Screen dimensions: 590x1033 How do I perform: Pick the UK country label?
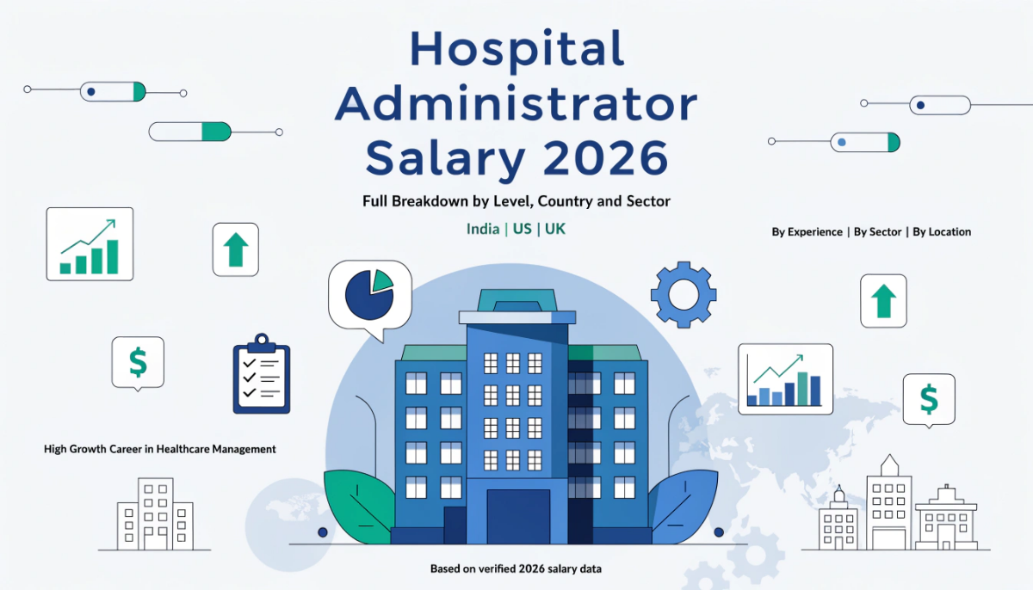(555, 230)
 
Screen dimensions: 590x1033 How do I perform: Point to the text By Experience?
(807, 232)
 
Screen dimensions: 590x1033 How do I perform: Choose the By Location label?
(942, 232)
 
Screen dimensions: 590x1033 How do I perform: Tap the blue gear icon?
(684, 295)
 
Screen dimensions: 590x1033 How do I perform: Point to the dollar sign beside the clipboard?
(138, 362)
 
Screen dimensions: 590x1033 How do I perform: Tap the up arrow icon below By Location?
(883, 301)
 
